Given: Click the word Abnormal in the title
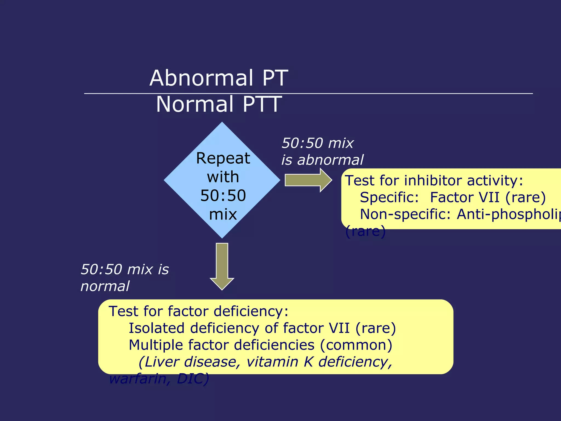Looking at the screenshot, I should tap(201, 78).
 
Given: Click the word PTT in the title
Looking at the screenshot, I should tap(262, 104).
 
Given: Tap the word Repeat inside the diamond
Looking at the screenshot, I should tap(223, 158).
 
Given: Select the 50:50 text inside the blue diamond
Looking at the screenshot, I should tap(223, 196).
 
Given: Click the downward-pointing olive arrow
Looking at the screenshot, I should tap(222, 266).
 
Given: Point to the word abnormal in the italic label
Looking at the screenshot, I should tap(330, 160).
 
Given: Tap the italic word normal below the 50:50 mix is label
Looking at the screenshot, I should tap(105, 286).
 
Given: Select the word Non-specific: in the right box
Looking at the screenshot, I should tap(405, 214).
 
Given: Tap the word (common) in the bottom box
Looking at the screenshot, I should tap(356, 345).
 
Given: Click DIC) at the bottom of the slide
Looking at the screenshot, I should tap(193, 379).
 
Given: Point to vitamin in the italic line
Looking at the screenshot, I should tap(272, 362).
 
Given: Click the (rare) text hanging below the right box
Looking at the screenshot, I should tap(365, 231).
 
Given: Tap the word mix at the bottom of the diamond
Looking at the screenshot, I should tap(223, 214).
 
